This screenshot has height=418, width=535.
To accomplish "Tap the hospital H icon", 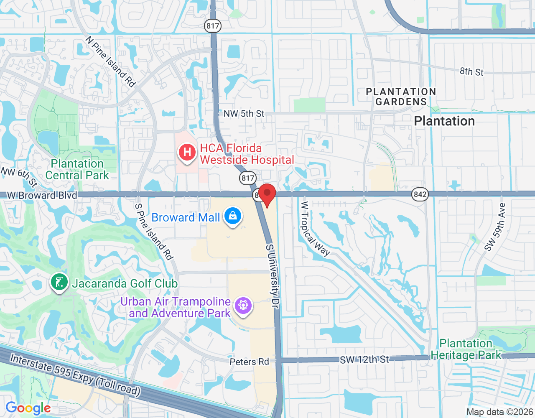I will click(187, 152).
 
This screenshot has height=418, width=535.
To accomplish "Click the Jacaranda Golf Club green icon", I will click(59, 283).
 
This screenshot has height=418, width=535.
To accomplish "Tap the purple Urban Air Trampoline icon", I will click(242, 306).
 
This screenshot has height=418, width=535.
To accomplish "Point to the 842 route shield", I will click(420, 194).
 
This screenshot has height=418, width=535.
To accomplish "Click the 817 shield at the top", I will click(213, 26).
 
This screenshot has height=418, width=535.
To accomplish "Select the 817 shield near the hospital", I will click(248, 178).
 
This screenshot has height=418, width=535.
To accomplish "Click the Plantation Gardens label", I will click(401, 97).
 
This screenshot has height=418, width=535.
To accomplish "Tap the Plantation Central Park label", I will click(77, 169).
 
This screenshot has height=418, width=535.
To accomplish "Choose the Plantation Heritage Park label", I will click(466, 349).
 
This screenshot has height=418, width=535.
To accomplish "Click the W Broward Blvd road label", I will click(42, 195).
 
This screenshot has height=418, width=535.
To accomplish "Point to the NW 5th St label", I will click(244, 114).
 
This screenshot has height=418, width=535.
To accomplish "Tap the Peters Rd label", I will click(249, 362).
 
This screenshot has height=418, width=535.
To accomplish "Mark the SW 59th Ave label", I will click(495, 227).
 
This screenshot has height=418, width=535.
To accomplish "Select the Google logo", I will click(28, 408).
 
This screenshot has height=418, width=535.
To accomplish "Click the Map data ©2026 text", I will click(499, 412).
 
